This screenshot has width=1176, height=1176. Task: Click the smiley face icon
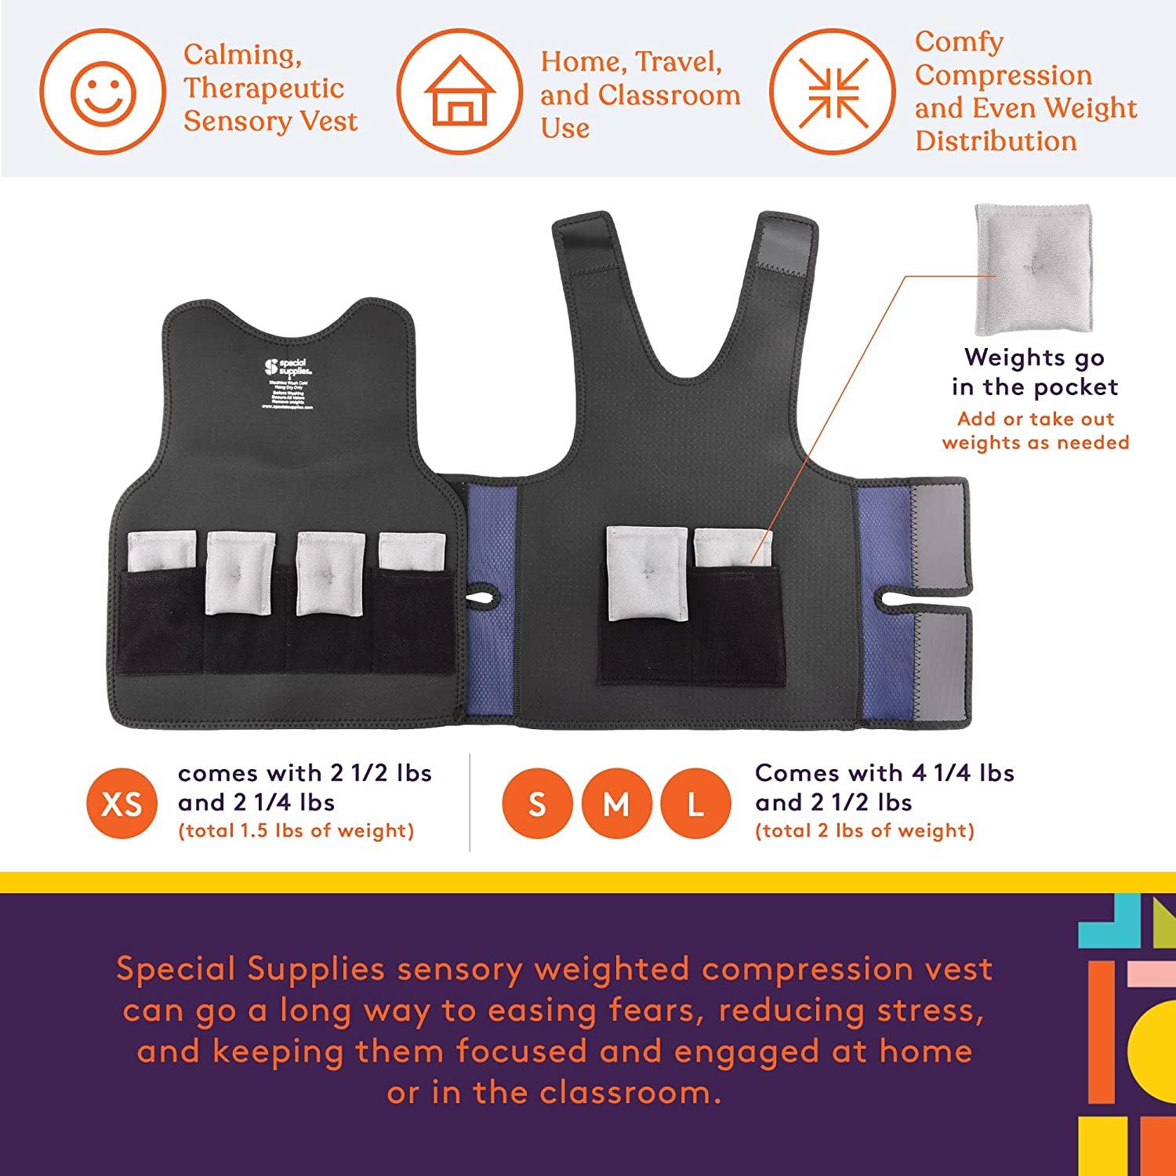click(103, 92)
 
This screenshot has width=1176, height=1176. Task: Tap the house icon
click(460, 92)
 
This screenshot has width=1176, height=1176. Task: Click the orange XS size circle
click(122, 803)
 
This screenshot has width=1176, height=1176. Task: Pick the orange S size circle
click(537, 803)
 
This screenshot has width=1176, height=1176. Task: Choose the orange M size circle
click(616, 803)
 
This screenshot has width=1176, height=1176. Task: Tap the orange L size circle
click(695, 803)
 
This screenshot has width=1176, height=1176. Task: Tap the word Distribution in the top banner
click(996, 141)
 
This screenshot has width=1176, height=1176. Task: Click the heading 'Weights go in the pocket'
click(1035, 372)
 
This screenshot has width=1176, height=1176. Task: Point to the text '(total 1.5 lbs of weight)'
click(296, 830)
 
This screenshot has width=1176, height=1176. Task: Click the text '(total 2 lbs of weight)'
click(865, 830)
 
